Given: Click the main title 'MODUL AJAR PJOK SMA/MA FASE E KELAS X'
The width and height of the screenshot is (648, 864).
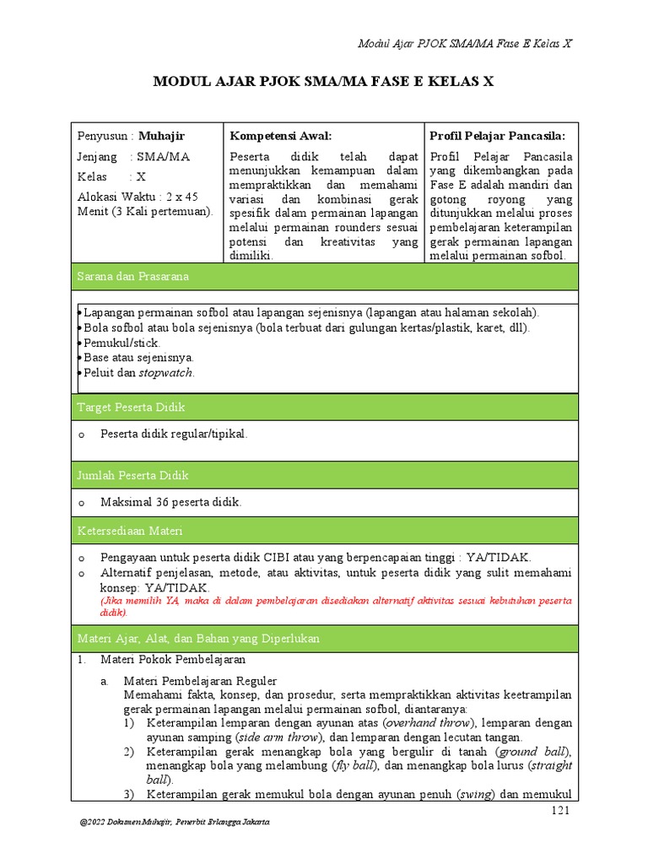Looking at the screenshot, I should click(x=323, y=82).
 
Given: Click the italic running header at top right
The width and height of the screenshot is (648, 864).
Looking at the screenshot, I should click(x=465, y=44).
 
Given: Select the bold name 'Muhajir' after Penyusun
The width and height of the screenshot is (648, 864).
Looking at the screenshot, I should click(x=161, y=136).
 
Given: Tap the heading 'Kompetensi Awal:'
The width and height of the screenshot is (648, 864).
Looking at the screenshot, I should click(x=280, y=136).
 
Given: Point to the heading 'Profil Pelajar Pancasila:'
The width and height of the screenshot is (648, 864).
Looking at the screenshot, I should click(x=497, y=136).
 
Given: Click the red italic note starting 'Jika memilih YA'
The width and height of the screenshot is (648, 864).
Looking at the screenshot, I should click(x=336, y=606).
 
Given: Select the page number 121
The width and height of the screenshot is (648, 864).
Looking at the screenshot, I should click(x=561, y=811).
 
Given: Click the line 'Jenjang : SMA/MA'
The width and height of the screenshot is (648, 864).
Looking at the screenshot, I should click(x=133, y=157).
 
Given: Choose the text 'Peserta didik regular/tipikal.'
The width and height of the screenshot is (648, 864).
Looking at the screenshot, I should click(x=174, y=434).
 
